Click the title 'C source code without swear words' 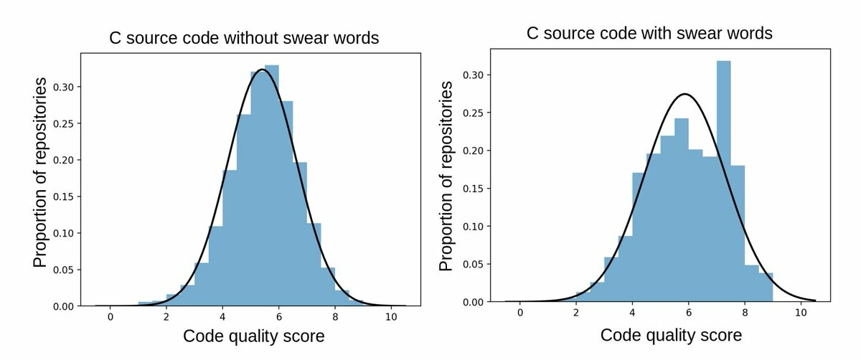(x=244, y=38)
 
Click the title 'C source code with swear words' (x=649, y=34)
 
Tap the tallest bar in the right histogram (x=723, y=179)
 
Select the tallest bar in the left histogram (x=271, y=186)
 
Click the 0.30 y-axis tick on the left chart (x=62, y=87)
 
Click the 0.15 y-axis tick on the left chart (x=62, y=196)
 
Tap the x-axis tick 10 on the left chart (x=391, y=317)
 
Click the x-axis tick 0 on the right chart (x=519, y=313)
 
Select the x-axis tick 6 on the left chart (x=278, y=317)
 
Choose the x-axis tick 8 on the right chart (x=745, y=313)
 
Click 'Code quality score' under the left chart (x=254, y=336)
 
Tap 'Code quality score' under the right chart (x=671, y=335)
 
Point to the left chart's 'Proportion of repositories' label (x=42, y=172)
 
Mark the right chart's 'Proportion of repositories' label (x=446, y=176)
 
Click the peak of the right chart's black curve (x=686, y=94)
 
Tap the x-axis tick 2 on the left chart (x=166, y=317)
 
